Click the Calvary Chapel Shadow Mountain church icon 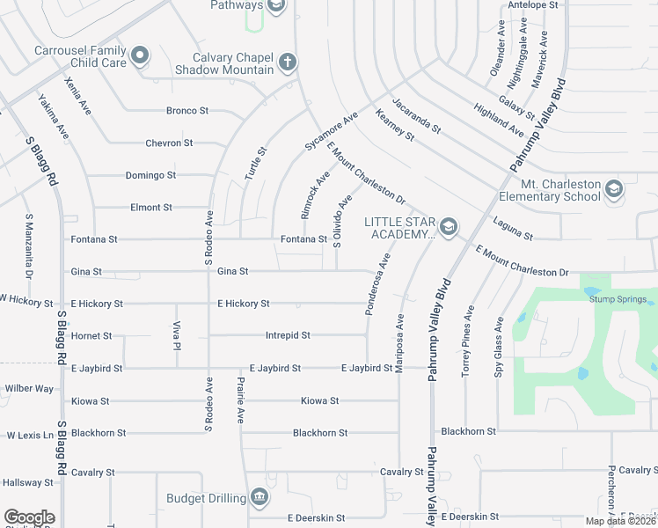(x=287, y=62)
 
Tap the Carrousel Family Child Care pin (x=140, y=58)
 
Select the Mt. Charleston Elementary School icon (x=613, y=190)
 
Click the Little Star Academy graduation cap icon (x=449, y=228)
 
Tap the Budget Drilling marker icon (x=260, y=498)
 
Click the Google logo (x=29, y=517)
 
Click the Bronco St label (x=187, y=111)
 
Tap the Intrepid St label (x=288, y=335)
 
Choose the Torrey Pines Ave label (x=470, y=341)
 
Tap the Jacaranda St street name (x=416, y=115)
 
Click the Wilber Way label (x=29, y=388)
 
